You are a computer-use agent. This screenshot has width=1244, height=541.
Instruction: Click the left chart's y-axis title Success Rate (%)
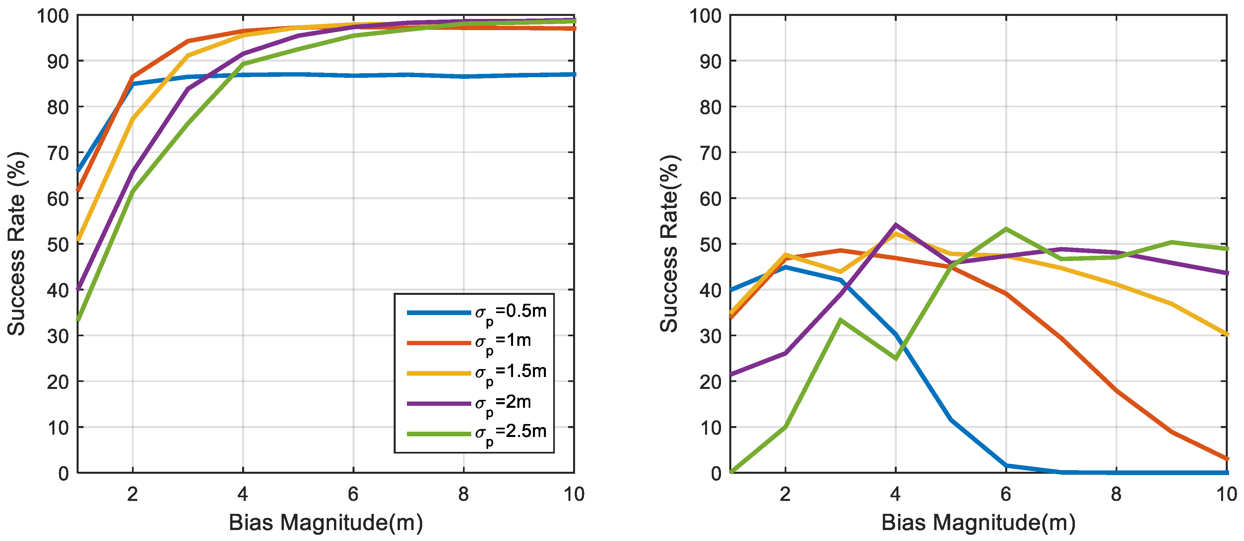pos(17,244)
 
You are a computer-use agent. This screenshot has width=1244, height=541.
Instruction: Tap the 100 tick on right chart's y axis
pos(705,16)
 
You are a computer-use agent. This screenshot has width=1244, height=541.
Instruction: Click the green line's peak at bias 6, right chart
pos(1006,229)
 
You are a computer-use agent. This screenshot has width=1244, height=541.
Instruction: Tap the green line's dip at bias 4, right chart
pos(896,358)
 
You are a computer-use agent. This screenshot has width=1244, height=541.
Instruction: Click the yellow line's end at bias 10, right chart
pos(1226,334)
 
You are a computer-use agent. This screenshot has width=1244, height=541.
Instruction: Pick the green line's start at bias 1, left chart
pos(79,319)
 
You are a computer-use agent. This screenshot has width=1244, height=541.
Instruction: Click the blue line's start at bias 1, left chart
pos(79,170)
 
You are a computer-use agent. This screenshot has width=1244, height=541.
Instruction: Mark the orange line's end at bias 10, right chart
pos(1226,459)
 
